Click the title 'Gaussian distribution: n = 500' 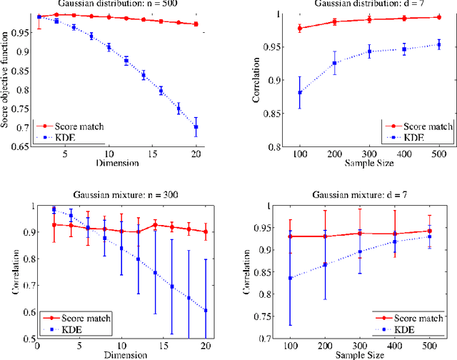tap(118, 6)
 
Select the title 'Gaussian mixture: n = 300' tap(119, 195)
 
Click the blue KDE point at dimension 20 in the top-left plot tap(196, 126)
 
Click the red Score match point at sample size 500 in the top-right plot tap(438, 17)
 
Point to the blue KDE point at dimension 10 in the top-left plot tap(109, 47)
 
